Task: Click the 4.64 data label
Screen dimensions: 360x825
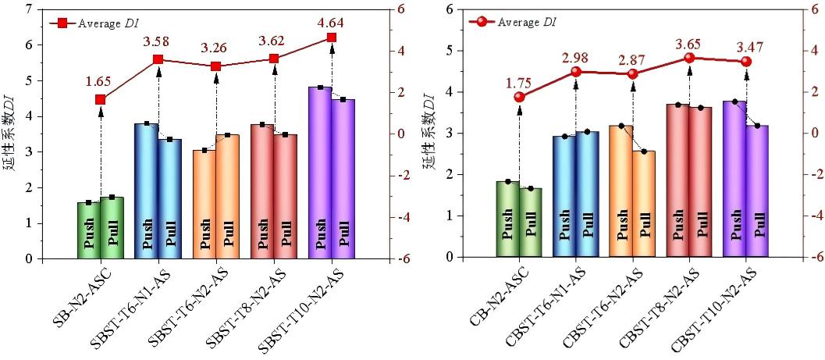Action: tap(332, 22)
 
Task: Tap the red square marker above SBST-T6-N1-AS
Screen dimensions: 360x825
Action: tap(158, 59)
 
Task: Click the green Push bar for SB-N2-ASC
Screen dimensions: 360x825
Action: tap(89, 230)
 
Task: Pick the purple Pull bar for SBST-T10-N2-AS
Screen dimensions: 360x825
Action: tap(343, 180)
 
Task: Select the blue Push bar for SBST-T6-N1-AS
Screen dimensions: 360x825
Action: tap(147, 191)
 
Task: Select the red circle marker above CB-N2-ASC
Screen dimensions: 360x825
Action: tap(519, 97)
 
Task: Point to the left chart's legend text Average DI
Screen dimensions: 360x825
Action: tap(113, 23)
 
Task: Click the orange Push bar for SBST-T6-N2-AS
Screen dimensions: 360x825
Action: tap(204, 205)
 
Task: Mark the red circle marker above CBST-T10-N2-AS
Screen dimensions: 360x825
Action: tap(746, 62)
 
